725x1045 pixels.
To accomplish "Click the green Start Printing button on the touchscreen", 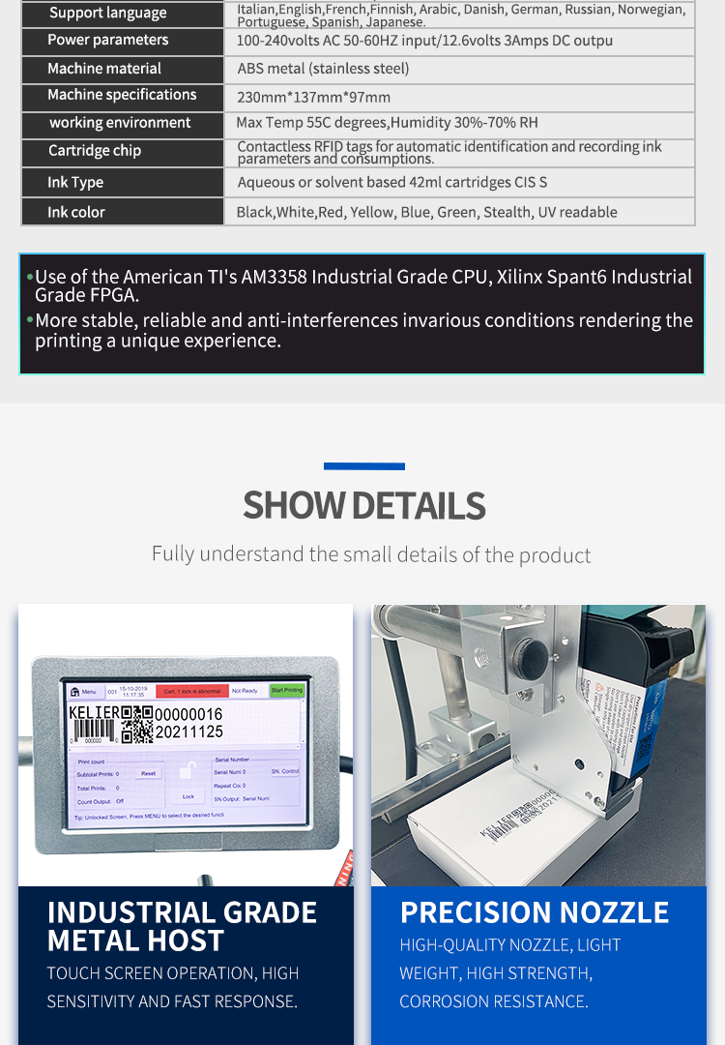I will tap(286, 691).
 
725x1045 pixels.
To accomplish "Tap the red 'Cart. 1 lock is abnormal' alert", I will tap(191, 692).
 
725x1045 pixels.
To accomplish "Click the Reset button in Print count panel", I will tap(148, 773).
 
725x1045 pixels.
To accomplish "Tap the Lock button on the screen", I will tap(188, 796).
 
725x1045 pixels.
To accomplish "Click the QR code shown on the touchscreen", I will tap(137, 724).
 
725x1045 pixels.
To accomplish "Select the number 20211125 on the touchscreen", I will tap(189, 732).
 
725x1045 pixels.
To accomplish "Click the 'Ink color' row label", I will tap(76, 212).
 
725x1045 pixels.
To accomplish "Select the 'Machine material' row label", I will tap(104, 69).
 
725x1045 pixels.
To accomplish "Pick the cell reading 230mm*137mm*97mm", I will tap(314, 97).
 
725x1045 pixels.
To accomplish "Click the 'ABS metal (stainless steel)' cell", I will tap(323, 69).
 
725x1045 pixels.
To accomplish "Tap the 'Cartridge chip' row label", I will tap(95, 151).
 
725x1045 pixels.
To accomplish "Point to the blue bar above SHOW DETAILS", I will tap(363, 466).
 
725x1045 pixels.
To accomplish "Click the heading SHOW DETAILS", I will tap(363, 505).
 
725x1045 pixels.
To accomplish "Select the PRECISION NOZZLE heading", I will tap(535, 912).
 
